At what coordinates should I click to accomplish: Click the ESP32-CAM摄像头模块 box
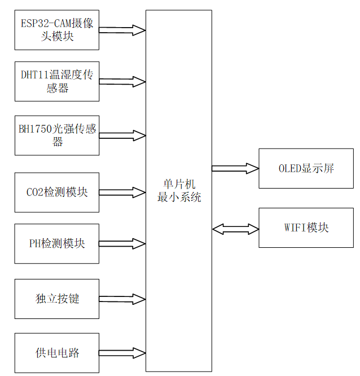coord(57,29)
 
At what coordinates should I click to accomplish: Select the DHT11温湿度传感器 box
coord(57,81)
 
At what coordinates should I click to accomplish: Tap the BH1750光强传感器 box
coord(57,135)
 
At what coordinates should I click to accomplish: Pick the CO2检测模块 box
coord(57,192)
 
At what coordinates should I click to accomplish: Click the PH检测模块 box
coord(57,243)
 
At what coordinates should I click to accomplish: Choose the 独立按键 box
coord(57,298)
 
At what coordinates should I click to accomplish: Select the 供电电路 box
coord(57,353)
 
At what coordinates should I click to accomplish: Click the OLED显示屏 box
coord(306,168)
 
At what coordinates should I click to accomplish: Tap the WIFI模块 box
coord(306,228)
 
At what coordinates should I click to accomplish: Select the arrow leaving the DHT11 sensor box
coord(122,81)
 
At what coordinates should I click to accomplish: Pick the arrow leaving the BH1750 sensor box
coord(122,135)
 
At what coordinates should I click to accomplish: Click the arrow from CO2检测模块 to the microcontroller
coord(122,192)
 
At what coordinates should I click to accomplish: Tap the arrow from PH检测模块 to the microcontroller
coord(122,244)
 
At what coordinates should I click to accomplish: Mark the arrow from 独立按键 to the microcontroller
coord(122,298)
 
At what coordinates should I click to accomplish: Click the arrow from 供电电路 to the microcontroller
coord(122,353)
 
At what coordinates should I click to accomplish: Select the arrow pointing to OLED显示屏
coord(235,168)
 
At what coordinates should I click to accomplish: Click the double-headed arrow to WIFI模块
coord(235,229)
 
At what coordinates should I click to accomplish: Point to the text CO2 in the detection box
coord(35,192)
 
